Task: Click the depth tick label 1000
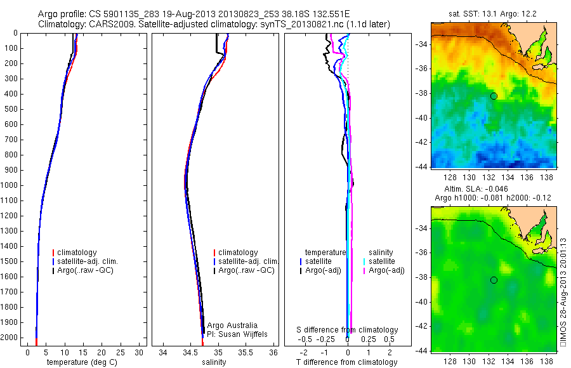point(11,185)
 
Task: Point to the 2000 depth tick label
point(11,338)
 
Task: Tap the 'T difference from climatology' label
point(346,362)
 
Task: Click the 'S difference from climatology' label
point(348,330)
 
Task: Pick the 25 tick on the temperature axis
point(121,352)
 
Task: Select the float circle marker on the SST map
point(494,96)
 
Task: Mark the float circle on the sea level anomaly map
point(494,280)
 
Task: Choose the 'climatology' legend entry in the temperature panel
point(76,253)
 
